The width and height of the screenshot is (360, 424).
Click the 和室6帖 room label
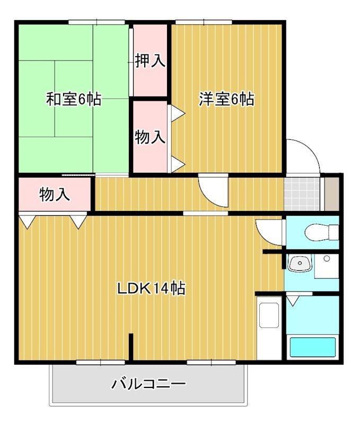click(x=74, y=99)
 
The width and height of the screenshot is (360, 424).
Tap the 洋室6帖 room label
click(x=226, y=99)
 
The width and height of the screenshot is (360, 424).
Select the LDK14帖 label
click(x=151, y=288)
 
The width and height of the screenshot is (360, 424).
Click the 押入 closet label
click(x=150, y=61)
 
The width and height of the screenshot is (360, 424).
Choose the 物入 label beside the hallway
click(x=55, y=195)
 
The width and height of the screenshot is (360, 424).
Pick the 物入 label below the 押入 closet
click(x=150, y=137)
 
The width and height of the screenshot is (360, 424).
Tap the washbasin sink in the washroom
click(x=300, y=263)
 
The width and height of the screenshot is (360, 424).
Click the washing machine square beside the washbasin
click(x=327, y=266)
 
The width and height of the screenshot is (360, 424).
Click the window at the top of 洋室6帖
click(x=204, y=22)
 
